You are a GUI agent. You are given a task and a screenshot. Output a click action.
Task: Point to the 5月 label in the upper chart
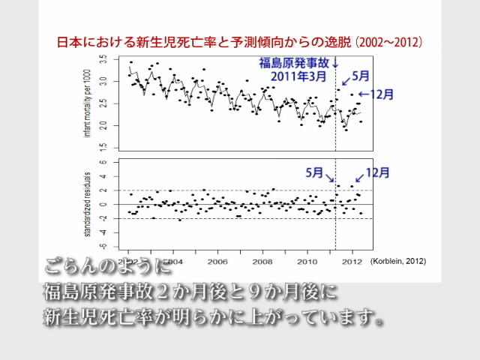click(x=361, y=76)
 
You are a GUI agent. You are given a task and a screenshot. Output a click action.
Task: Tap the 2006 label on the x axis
click(x=217, y=262)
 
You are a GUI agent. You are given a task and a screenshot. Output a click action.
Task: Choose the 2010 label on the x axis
click(x=307, y=262)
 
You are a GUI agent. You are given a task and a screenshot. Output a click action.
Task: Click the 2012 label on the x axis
click(x=352, y=262)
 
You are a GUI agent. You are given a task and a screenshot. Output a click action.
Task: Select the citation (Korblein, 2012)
click(x=397, y=262)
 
